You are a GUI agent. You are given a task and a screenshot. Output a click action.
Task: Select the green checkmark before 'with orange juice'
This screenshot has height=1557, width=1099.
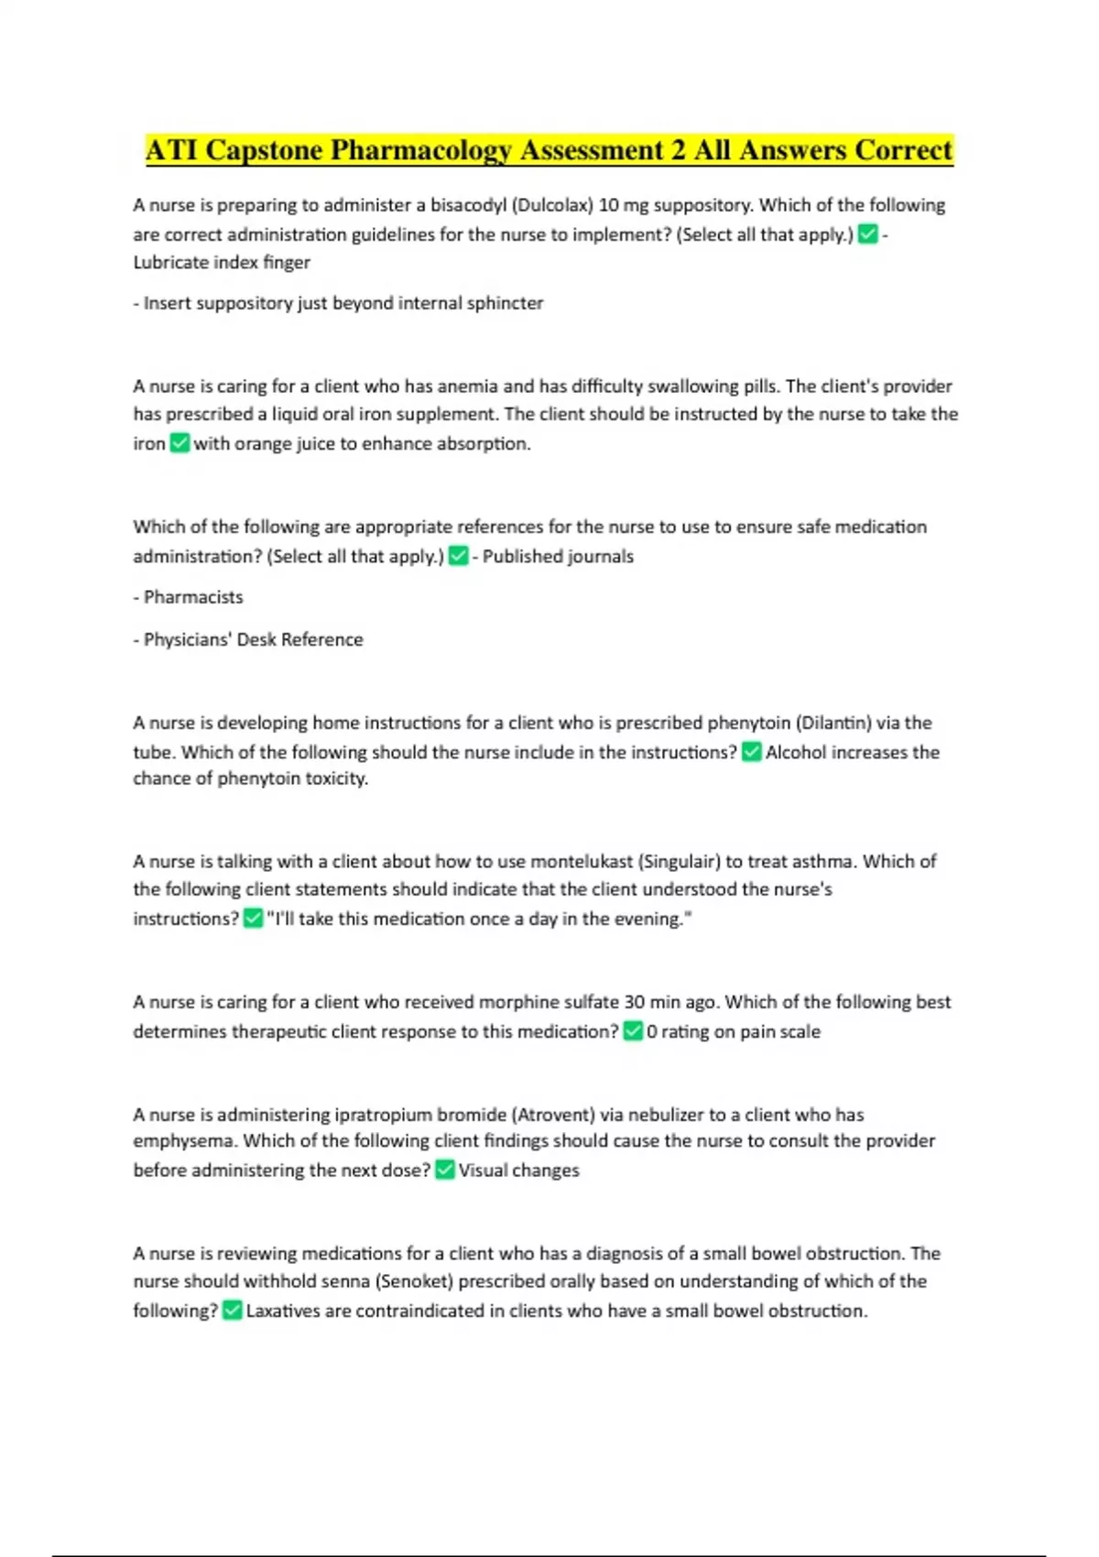(x=180, y=443)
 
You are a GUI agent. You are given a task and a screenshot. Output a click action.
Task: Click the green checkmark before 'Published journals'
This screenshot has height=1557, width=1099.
(x=458, y=556)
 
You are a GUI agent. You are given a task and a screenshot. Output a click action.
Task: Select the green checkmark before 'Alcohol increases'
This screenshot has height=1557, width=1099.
(x=751, y=752)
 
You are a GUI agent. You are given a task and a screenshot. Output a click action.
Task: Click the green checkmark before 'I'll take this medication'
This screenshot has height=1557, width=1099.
(x=253, y=919)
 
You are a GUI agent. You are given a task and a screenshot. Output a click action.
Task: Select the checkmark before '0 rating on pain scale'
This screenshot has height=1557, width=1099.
(x=632, y=1031)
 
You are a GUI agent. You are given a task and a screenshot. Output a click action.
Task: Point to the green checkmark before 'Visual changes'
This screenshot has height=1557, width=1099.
(x=444, y=1170)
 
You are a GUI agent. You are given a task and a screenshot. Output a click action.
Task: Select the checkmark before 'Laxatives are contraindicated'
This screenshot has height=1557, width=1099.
(x=232, y=1311)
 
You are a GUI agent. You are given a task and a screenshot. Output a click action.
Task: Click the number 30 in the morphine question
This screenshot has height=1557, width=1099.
(x=635, y=1002)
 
